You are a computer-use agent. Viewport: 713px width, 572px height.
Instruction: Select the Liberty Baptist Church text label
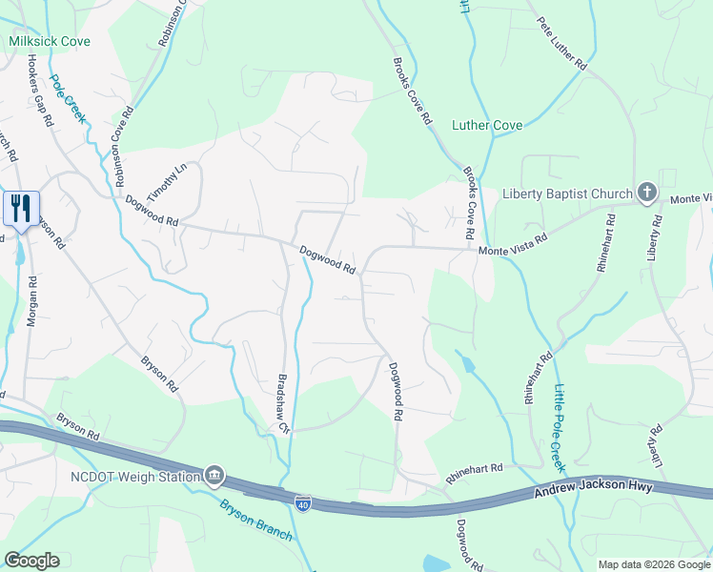(x=567, y=193)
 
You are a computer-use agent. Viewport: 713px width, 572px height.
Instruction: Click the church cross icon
(x=647, y=193)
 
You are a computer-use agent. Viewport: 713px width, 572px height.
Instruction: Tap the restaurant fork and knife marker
(x=21, y=208)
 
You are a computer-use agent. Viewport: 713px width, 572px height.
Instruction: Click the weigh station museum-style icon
(x=214, y=475)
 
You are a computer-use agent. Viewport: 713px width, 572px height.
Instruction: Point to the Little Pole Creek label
(x=558, y=427)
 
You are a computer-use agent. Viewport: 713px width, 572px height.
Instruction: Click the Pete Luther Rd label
(x=560, y=44)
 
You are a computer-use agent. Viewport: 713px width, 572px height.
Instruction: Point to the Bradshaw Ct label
(x=282, y=402)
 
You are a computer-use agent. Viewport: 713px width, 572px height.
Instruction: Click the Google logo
(x=31, y=561)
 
